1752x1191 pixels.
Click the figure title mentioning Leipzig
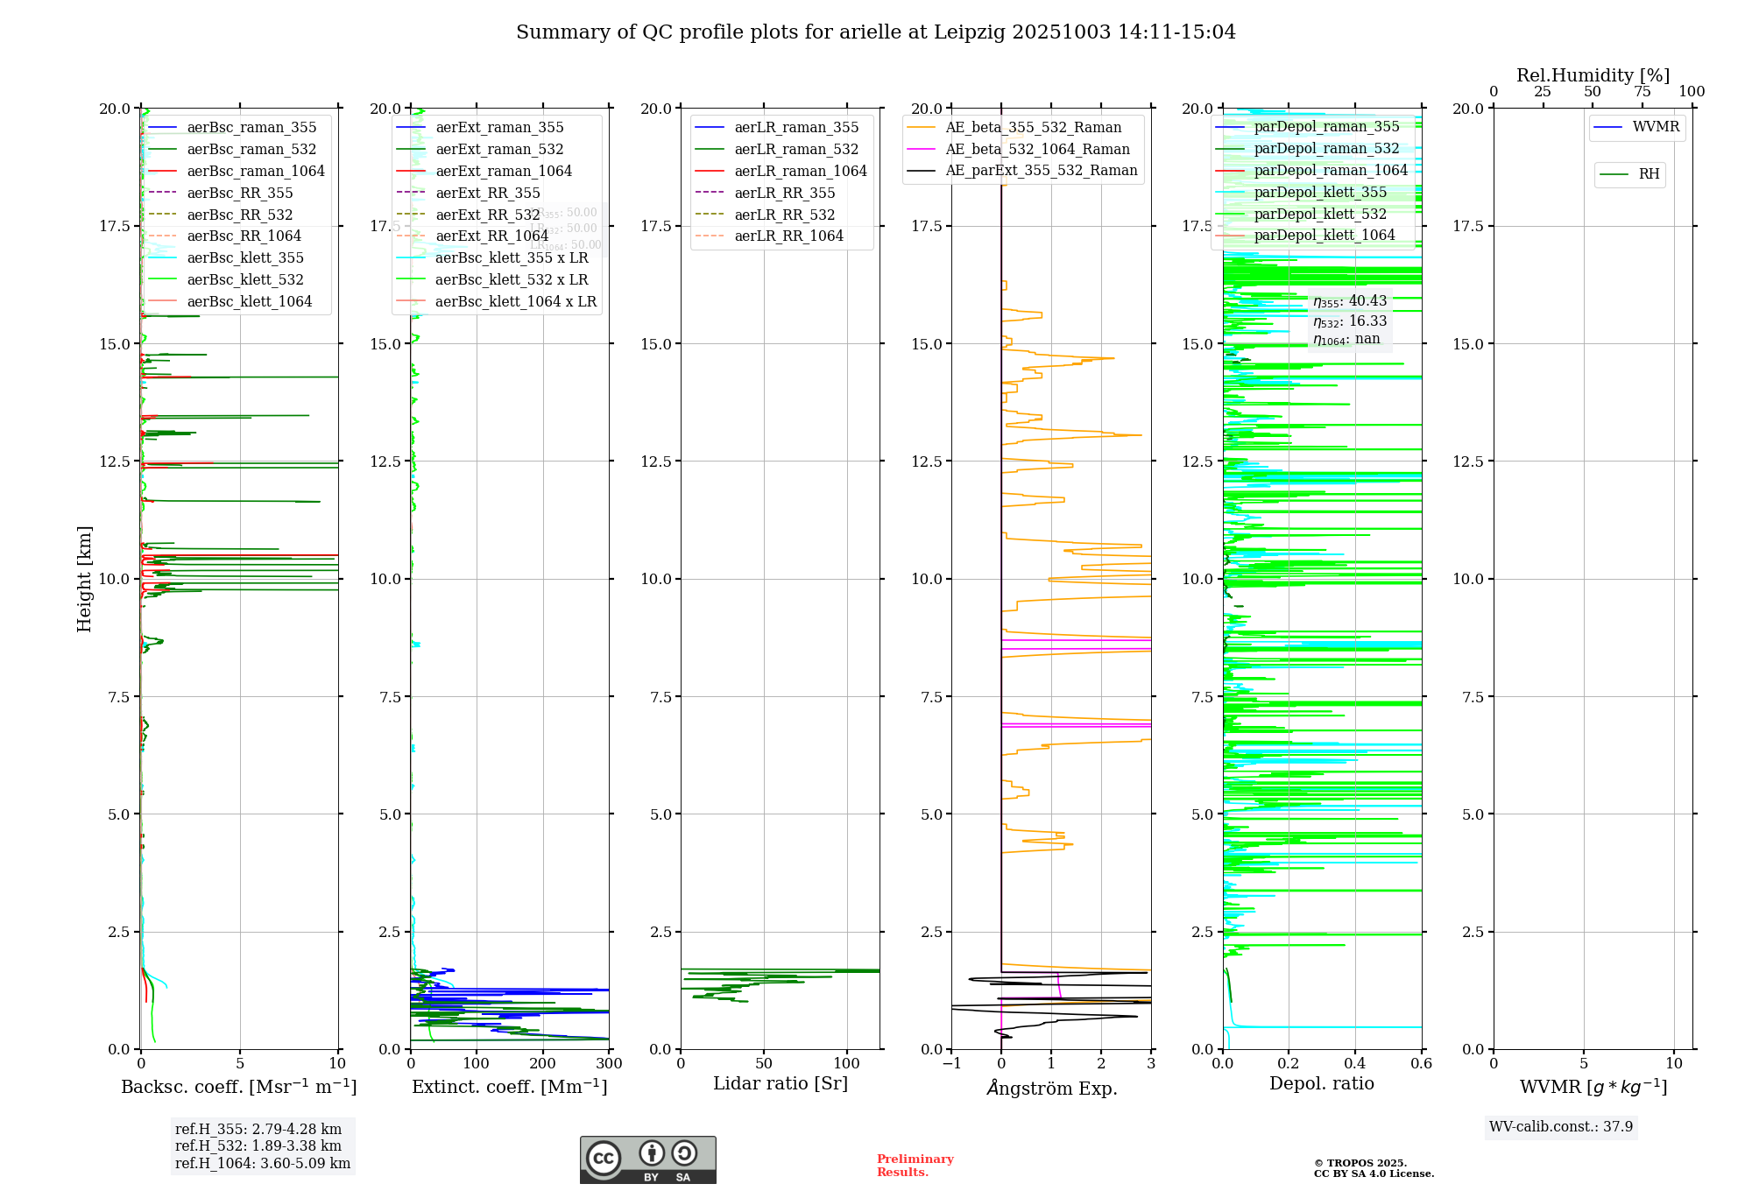[x=875, y=32]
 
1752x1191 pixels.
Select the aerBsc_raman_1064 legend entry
[x=255, y=171]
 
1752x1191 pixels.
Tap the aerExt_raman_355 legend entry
[x=499, y=128]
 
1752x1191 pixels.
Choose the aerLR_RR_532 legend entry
[x=784, y=215]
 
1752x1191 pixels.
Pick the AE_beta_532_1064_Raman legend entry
[x=1037, y=149]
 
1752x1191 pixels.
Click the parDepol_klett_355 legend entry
[x=1319, y=192]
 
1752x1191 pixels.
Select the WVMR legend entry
[x=1656, y=127]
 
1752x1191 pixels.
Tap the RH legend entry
[x=1649, y=174]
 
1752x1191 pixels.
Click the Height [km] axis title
[x=84, y=578]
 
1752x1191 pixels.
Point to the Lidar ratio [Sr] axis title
[x=780, y=1083]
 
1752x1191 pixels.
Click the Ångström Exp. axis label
[x=1051, y=1088]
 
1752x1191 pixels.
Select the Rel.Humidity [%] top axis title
[x=1593, y=75]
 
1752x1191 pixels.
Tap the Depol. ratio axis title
[x=1321, y=1083]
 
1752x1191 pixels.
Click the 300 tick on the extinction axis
[x=609, y=1064]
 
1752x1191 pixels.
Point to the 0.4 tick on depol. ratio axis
[x=1354, y=1064]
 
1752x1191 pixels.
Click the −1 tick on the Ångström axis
[x=951, y=1064]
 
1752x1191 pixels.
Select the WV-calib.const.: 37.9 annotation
[x=1560, y=1126]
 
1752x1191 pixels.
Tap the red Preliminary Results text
[x=915, y=1165]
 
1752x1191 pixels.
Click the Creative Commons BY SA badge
[x=647, y=1159]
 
